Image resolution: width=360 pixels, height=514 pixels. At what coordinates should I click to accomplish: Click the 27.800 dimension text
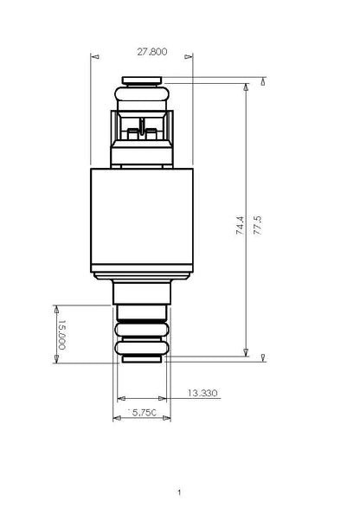(152, 52)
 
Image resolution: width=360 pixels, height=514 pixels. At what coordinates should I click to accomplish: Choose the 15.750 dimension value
(142, 414)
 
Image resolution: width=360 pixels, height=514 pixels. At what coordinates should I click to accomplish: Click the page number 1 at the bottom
(179, 492)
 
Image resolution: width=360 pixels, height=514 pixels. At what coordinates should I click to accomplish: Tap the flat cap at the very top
(142, 80)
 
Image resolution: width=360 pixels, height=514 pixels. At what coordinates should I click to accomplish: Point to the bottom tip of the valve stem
(142, 357)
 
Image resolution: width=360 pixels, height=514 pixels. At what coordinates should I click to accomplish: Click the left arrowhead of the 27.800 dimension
(93, 57)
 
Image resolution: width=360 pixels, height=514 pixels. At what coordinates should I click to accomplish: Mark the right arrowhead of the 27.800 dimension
(191, 57)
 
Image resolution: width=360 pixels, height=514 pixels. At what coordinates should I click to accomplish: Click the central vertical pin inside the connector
(142, 130)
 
